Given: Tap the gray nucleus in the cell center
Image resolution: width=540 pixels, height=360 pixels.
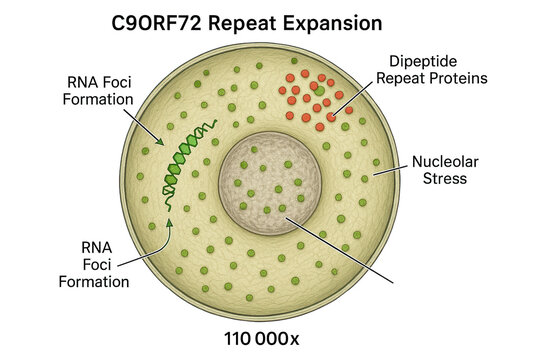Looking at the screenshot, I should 264,181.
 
